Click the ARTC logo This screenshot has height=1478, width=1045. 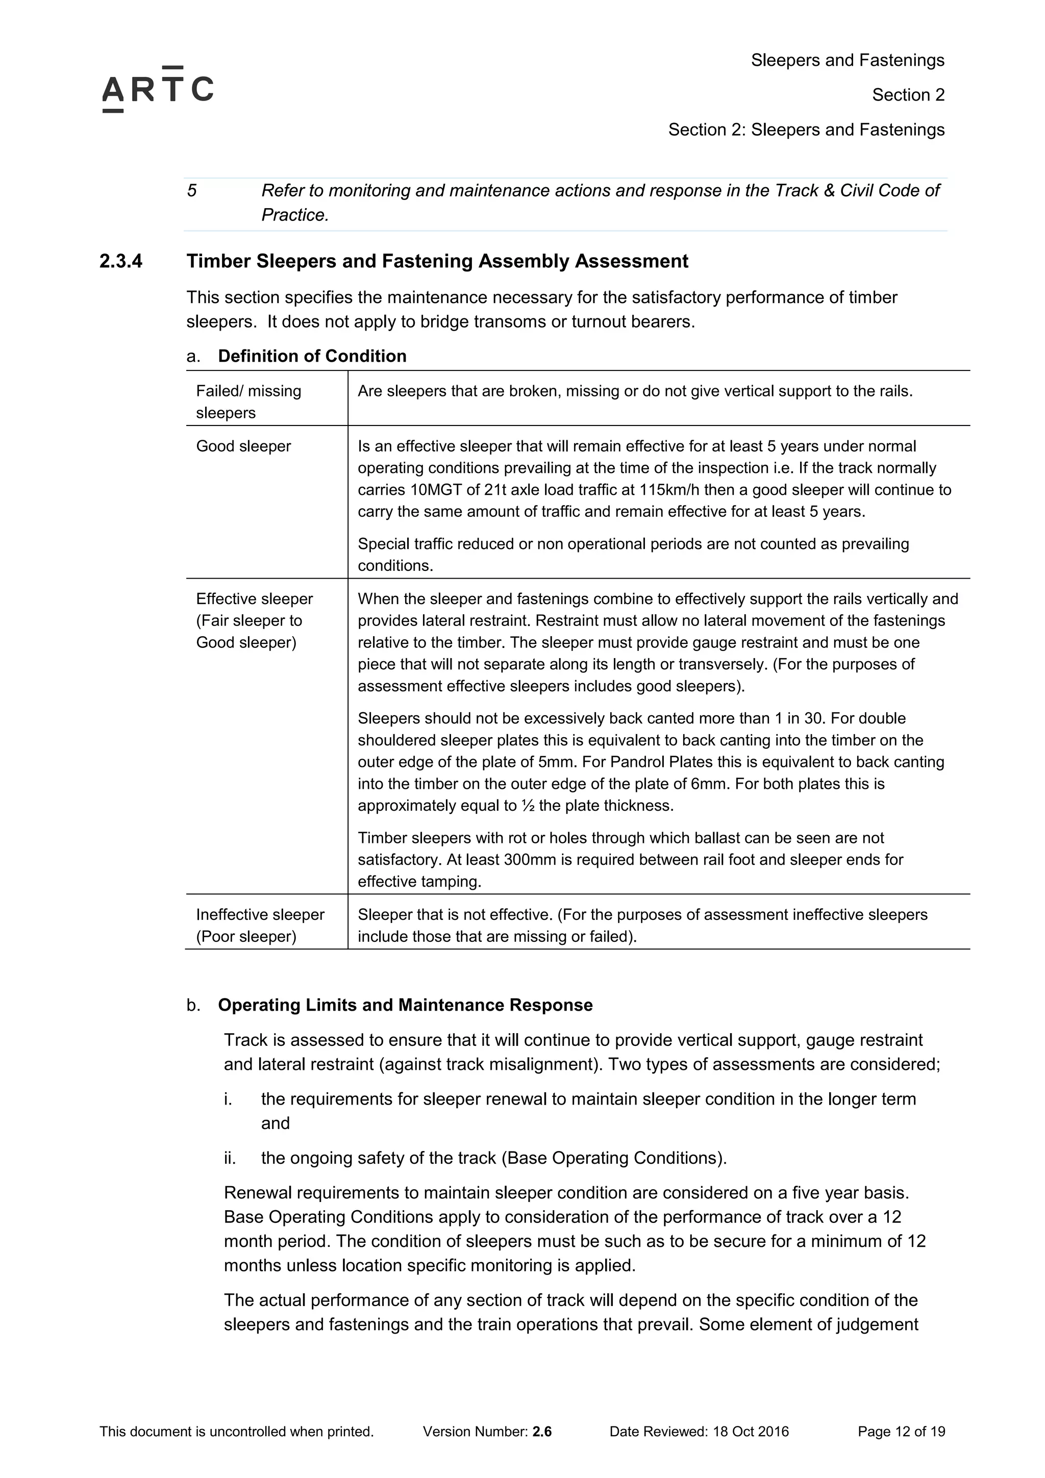158,89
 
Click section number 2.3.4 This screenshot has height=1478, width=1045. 121,261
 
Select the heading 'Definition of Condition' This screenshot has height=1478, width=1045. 312,356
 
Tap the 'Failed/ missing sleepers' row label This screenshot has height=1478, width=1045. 248,402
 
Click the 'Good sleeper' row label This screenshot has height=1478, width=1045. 243,446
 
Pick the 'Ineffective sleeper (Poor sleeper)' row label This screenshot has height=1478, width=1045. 260,925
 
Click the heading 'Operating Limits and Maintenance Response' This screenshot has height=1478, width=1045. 405,1005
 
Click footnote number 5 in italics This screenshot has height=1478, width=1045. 192,190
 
